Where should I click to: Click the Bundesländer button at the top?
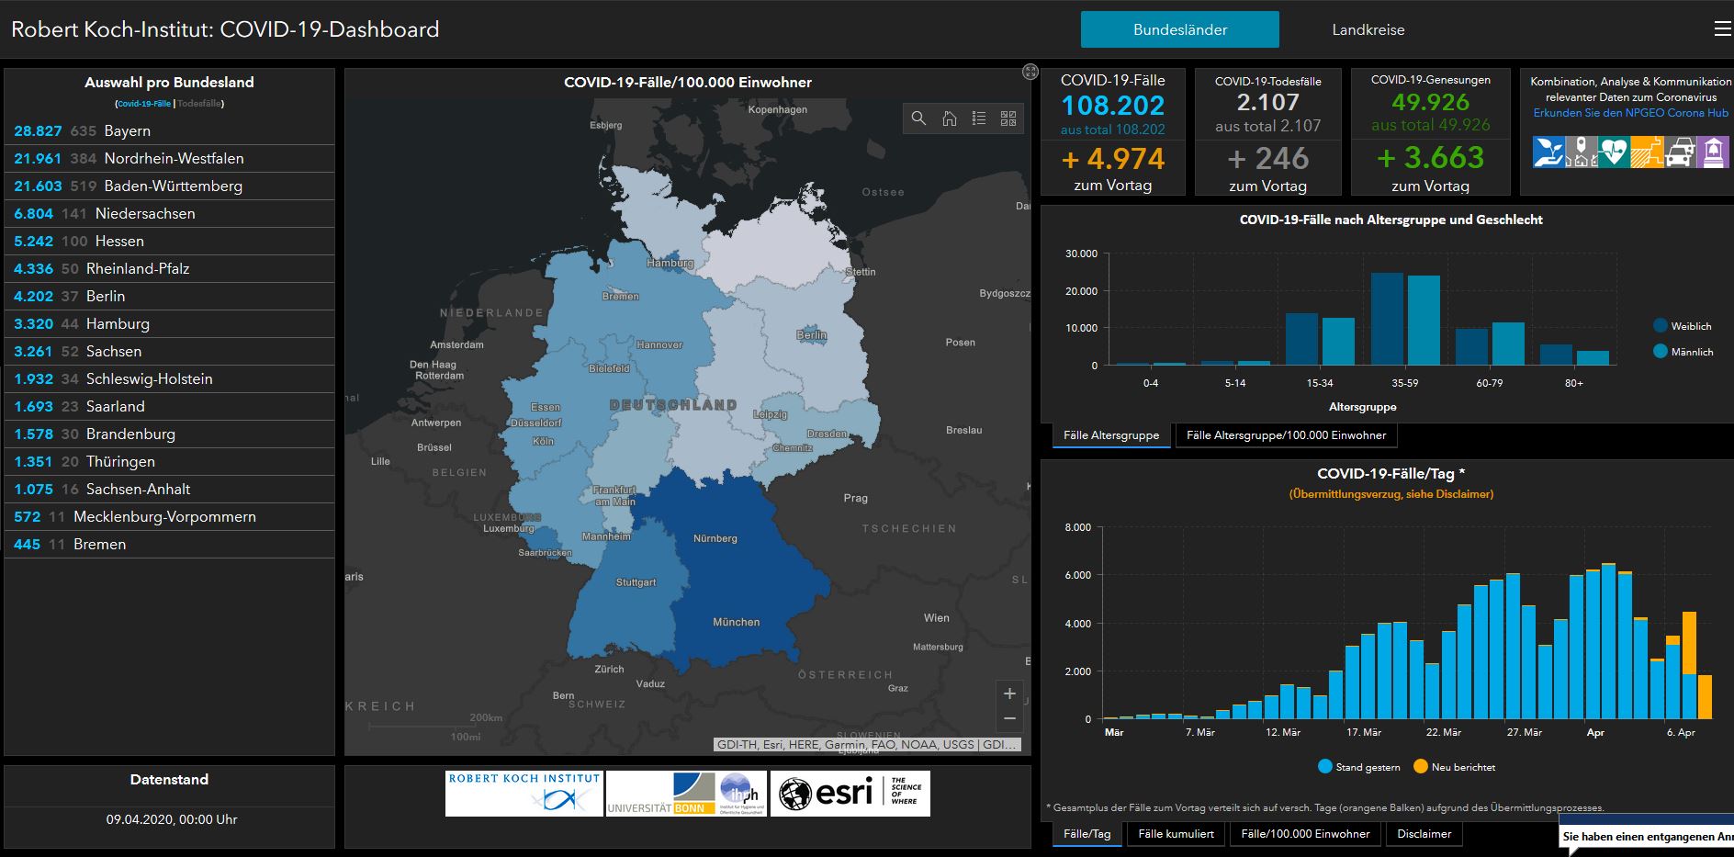[x=1179, y=29]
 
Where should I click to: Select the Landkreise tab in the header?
[x=1368, y=29]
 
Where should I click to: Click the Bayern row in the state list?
[x=127, y=130]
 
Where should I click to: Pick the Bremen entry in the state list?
[x=99, y=544]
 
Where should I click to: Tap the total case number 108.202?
[x=1112, y=105]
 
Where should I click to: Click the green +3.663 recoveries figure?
[x=1430, y=158]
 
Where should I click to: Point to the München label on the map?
[x=736, y=622]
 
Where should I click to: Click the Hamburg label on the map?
[x=670, y=263]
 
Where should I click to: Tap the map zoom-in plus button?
[x=1009, y=693]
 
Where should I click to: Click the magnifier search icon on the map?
[x=918, y=118]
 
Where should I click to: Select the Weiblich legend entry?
[x=1690, y=326]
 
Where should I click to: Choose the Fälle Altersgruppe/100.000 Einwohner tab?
[x=1286, y=435]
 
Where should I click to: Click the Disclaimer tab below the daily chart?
[x=1424, y=834]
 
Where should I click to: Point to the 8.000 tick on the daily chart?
[x=1077, y=527]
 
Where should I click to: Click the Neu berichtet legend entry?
[x=1462, y=767]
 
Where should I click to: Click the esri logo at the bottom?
[x=850, y=794]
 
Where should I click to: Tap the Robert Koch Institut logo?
[x=524, y=794]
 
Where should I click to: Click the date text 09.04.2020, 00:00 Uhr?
[x=171, y=819]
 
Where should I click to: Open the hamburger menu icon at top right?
[x=1722, y=29]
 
